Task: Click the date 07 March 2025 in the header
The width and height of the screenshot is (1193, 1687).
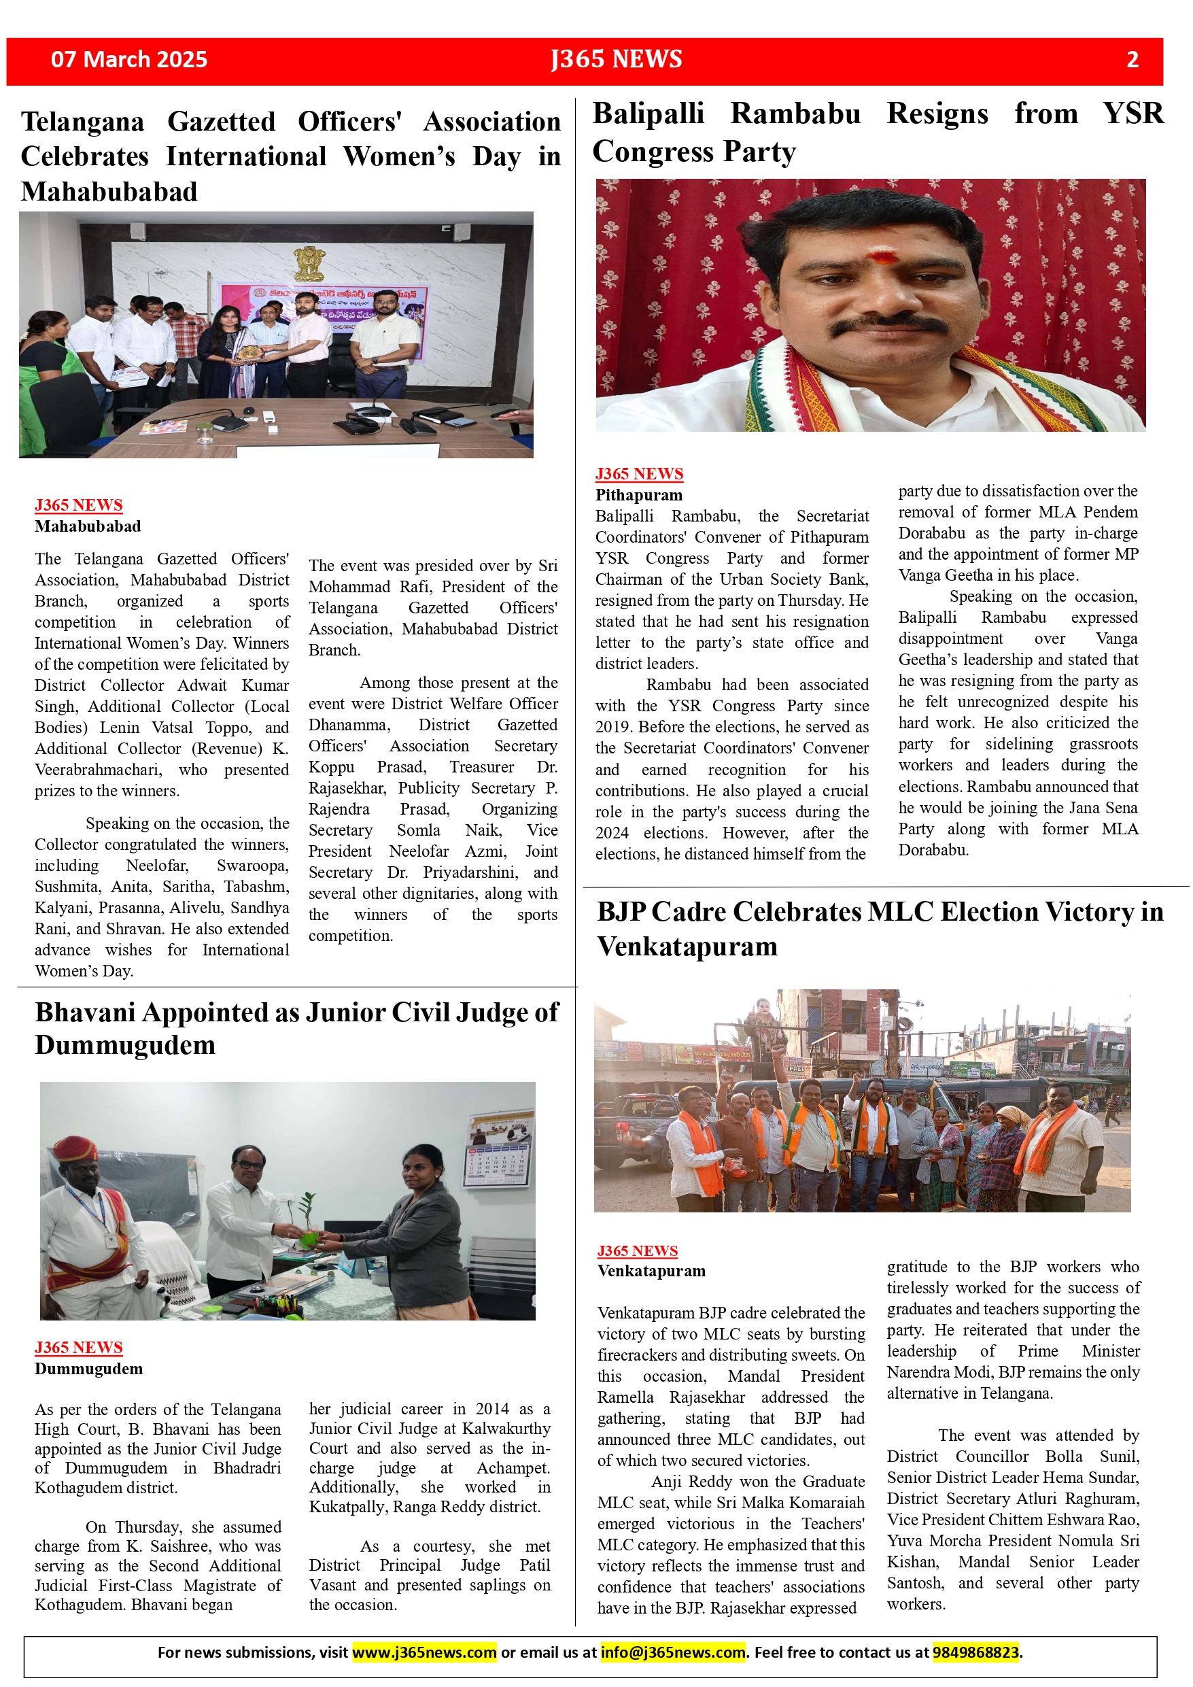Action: (128, 60)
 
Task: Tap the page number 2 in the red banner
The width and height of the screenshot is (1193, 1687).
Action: (1132, 60)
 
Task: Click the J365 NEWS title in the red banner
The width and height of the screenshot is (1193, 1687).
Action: (617, 60)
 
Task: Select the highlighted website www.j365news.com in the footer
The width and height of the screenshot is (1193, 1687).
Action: (425, 1652)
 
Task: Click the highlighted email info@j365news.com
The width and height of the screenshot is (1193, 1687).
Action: (672, 1652)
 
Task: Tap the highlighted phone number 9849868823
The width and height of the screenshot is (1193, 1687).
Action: (975, 1652)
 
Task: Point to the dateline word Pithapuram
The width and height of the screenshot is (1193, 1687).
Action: (638, 495)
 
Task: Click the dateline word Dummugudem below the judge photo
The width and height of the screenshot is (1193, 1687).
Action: (88, 1369)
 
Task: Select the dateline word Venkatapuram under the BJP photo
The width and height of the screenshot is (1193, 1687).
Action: (651, 1271)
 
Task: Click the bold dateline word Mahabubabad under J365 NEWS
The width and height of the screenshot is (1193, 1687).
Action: (88, 527)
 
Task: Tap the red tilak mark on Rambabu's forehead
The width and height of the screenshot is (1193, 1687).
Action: (883, 257)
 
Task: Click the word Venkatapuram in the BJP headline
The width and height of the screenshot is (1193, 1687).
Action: (687, 947)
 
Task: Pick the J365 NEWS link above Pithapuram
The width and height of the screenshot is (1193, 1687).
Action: (638, 474)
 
